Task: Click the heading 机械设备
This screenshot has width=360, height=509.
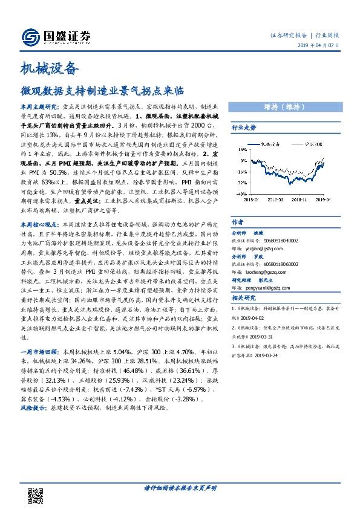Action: (50, 70)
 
